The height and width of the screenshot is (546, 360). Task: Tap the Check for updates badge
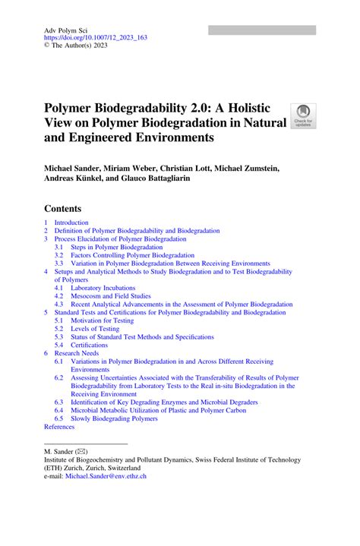(x=303, y=116)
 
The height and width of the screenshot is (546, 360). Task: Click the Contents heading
(x=62, y=208)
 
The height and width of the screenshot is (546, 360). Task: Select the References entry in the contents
(x=59, y=427)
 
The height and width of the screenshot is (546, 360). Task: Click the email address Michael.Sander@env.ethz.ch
(x=106, y=476)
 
